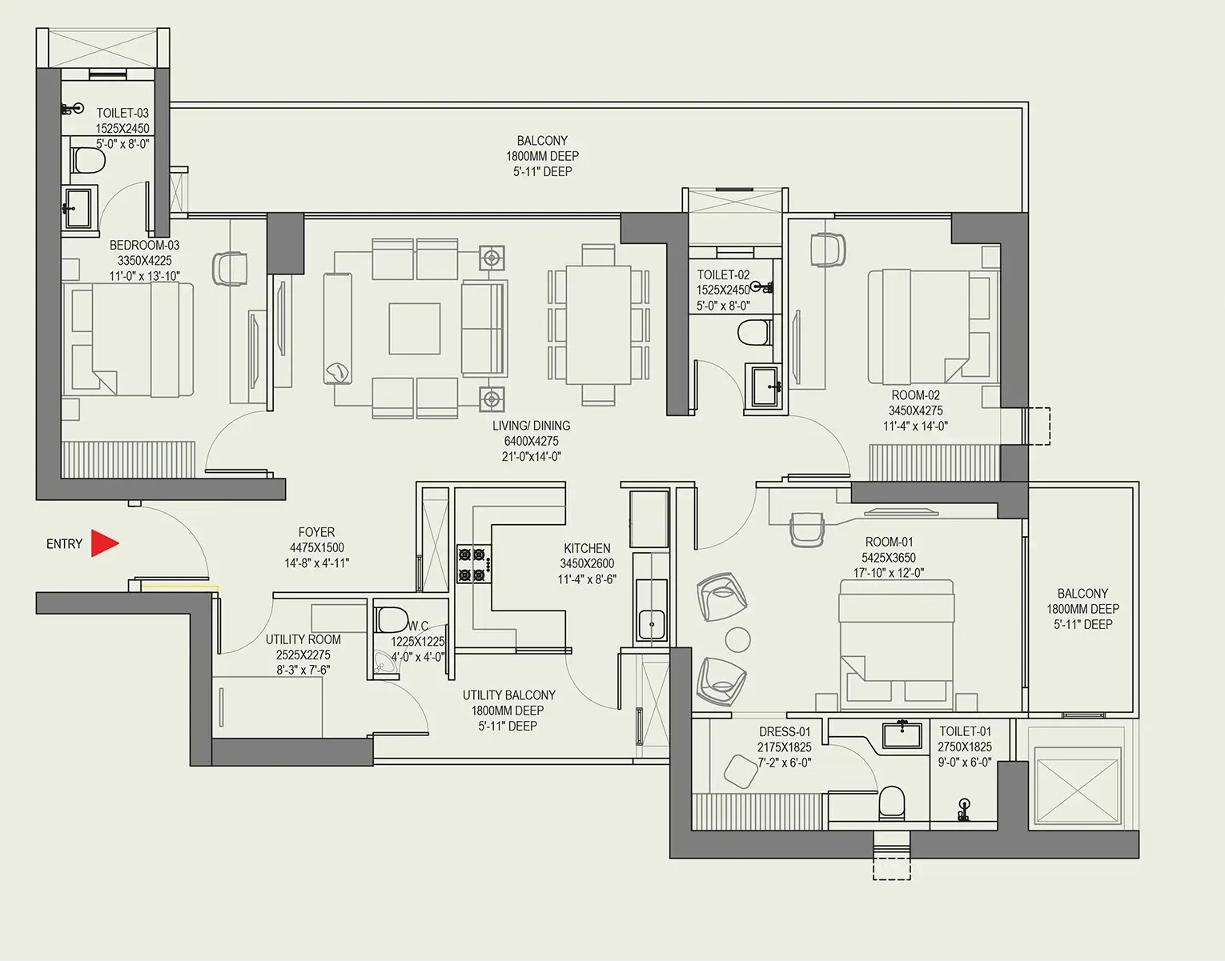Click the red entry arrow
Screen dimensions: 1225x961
click(105, 543)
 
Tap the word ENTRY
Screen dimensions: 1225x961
click(64, 544)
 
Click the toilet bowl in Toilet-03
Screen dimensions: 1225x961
click(89, 161)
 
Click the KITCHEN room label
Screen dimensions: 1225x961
click(587, 548)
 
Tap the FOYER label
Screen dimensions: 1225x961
click(317, 532)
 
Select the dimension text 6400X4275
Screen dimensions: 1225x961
click(532, 441)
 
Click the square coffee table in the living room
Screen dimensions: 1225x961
click(415, 329)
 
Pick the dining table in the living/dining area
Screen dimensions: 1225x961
click(599, 324)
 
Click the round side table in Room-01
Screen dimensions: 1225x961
click(737, 639)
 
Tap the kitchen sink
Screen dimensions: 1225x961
click(651, 625)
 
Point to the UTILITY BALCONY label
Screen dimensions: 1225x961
click(509, 695)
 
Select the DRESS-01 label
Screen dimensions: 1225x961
click(785, 731)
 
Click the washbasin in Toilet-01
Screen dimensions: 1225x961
click(902, 735)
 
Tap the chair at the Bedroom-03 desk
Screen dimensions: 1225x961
click(230, 270)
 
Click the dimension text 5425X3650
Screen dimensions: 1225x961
click(889, 558)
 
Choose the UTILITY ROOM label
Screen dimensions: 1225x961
click(303, 640)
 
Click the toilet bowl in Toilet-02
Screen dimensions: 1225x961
click(755, 332)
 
